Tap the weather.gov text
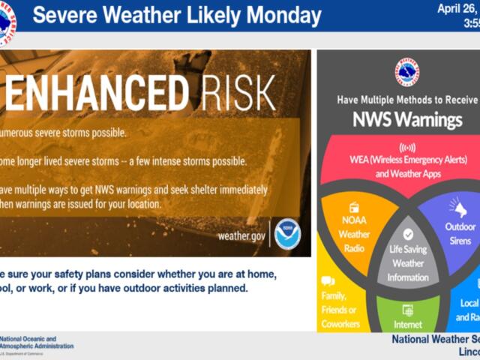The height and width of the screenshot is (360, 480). tap(241, 236)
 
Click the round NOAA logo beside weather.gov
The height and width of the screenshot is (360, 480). tap(286, 235)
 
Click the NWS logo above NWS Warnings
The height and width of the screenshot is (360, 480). tap(406, 72)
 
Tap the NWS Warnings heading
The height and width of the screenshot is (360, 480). tap(407, 120)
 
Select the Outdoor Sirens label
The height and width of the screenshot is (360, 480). tap(460, 233)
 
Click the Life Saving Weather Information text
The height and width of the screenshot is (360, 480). tap(407, 263)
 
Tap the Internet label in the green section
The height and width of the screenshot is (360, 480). tap(407, 325)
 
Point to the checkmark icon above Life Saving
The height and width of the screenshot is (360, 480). tap(407, 234)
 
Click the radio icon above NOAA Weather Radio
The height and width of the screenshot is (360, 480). tap(354, 207)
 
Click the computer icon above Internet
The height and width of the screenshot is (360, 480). tap(407, 309)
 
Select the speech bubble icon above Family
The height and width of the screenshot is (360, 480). tap(327, 280)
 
